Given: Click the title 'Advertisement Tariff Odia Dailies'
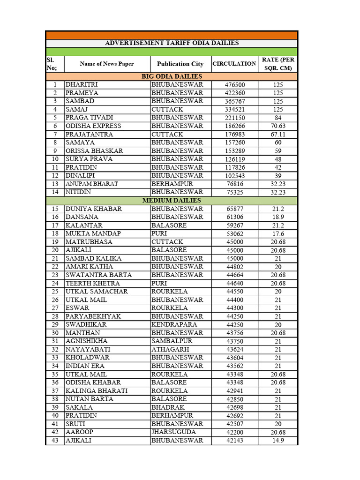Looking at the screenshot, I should (x=172, y=43).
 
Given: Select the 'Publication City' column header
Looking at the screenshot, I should (x=180, y=64).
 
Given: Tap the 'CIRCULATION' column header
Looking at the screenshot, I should (x=234, y=63).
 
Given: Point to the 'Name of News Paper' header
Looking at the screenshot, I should (x=106, y=64).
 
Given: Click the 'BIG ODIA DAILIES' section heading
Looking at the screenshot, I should (x=172, y=76).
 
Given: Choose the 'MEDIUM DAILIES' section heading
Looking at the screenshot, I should (x=172, y=201).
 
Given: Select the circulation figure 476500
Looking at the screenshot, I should (x=235, y=85).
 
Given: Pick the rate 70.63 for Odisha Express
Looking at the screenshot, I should (x=278, y=126).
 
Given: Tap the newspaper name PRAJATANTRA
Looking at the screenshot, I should (x=89, y=135).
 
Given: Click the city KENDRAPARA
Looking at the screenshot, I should (x=174, y=324).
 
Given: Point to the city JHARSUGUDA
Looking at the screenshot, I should (x=173, y=432).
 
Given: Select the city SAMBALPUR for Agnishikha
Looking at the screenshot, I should (x=172, y=341).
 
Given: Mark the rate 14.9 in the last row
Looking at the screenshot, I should (x=278, y=441).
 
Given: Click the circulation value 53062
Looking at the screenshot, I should (x=235, y=234).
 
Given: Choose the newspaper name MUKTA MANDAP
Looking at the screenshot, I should (x=93, y=233).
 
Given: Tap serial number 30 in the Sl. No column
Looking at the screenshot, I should (x=55, y=333).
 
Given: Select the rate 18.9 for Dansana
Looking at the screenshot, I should (x=278, y=217).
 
